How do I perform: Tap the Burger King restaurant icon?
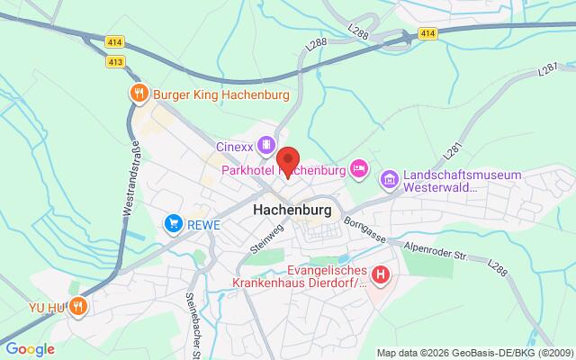click(x=138, y=92)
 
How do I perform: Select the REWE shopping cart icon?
click(x=171, y=222)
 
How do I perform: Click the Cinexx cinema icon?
click(x=265, y=144)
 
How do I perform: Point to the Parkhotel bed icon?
click(x=359, y=167)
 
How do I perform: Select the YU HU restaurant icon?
click(x=78, y=306)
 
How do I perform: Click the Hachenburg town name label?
click(x=293, y=208)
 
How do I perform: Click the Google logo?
click(x=30, y=349)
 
